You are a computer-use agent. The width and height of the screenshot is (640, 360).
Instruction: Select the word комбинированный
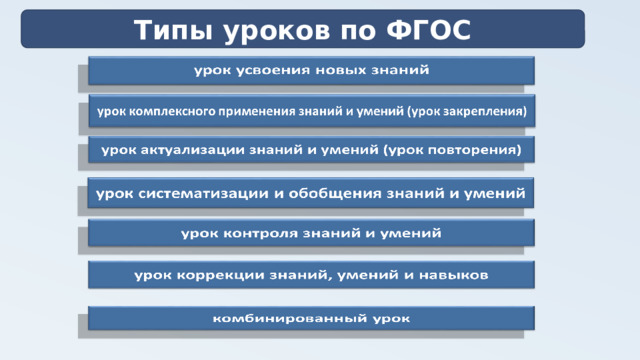(x=285, y=319)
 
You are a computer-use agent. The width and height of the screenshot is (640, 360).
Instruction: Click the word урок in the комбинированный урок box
(x=385, y=319)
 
